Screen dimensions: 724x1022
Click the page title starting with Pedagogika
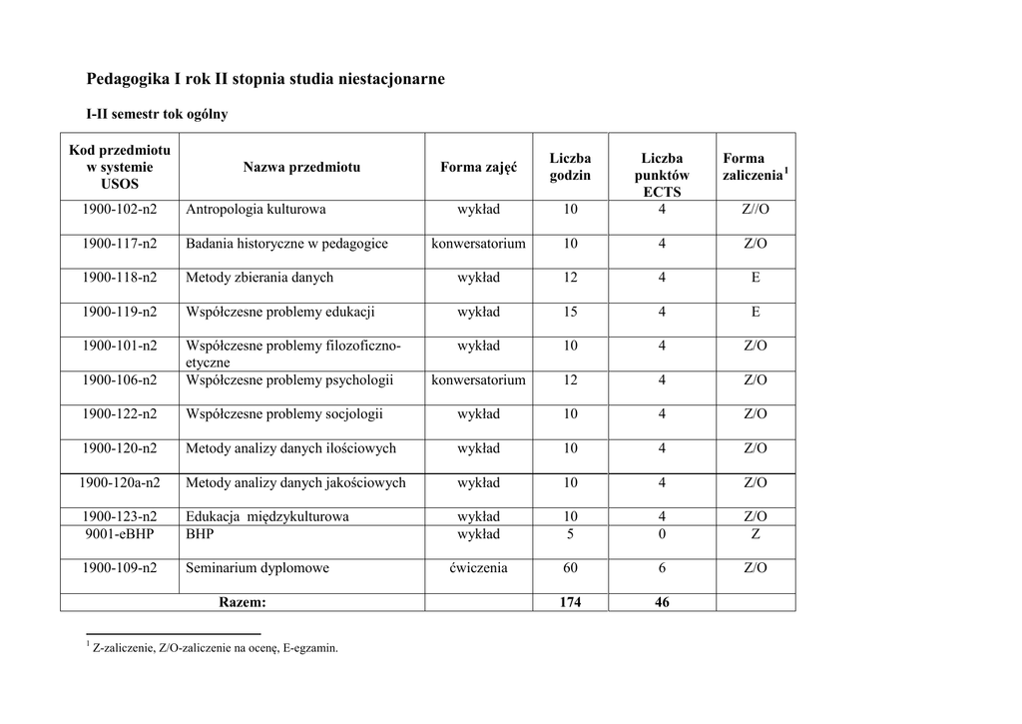tap(265, 78)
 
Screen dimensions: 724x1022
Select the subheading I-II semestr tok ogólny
tap(157, 114)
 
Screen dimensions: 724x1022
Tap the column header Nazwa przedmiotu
tap(301, 167)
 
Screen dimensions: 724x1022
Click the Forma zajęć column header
tap(478, 167)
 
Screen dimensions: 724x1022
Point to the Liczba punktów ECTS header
tap(662, 175)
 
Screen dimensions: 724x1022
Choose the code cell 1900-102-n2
tap(120, 210)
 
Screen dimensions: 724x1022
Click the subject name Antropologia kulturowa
tap(255, 210)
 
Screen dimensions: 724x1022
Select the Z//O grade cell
tap(756, 210)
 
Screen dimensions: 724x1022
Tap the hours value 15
tap(570, 312)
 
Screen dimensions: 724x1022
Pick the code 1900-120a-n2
tap(120, 482)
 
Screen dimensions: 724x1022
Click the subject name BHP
tap(200, 534)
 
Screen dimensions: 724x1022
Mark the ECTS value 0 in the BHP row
tap(662, 534)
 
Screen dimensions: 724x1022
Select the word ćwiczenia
tap(478, 568)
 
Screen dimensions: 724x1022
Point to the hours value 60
tap(570, 568)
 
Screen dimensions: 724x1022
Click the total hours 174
tap(570, 602)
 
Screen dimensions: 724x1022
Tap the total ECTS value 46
tap(662, 602)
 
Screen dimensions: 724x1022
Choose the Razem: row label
tap(243, 602)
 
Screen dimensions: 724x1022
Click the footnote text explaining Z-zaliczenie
tap(215, 648)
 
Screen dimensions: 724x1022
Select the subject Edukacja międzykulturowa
tap(266, 517)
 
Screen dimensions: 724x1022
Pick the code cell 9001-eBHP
tap(120, 534)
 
